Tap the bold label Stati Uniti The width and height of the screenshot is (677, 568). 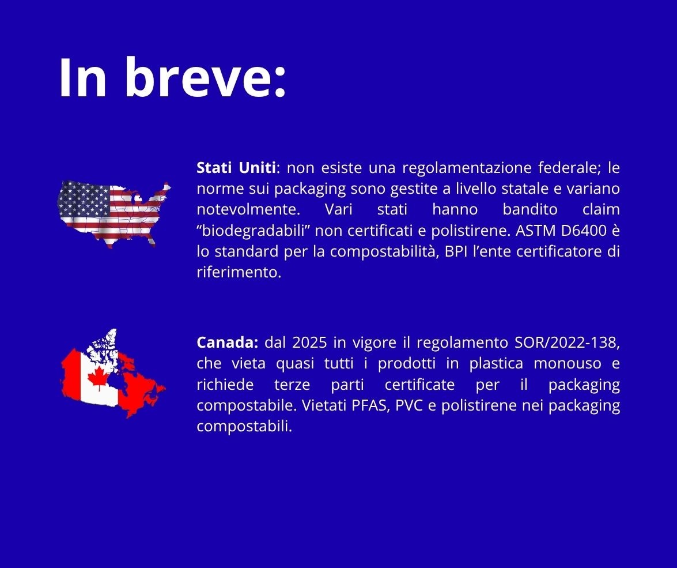(x=236, y=168)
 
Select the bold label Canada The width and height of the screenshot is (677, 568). (x=227, y=343)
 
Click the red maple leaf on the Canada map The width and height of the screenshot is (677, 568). (x=99, y=378)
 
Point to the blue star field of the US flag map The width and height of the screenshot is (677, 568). (x=84, y=200)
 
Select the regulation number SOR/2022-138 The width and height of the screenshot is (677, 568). (x=568, y=343)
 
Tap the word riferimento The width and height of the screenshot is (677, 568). (x=239, y=272)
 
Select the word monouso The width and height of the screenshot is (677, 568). (x=568, y=363)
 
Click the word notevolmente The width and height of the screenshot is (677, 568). (x=248, y=210)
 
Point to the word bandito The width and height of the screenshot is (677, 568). (x=530, y=210)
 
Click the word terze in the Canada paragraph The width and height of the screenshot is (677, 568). (x=292, y=385)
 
